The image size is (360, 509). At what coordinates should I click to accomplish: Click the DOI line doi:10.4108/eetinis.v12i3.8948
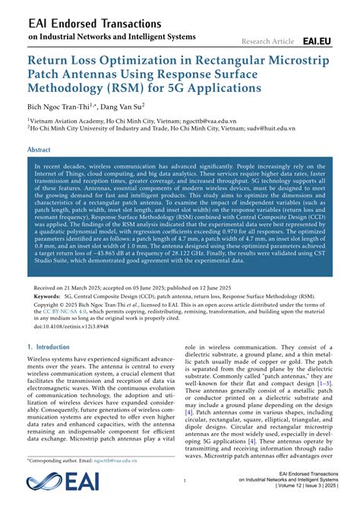(69, 327)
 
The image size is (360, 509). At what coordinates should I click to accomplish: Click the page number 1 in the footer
(185, 481)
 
